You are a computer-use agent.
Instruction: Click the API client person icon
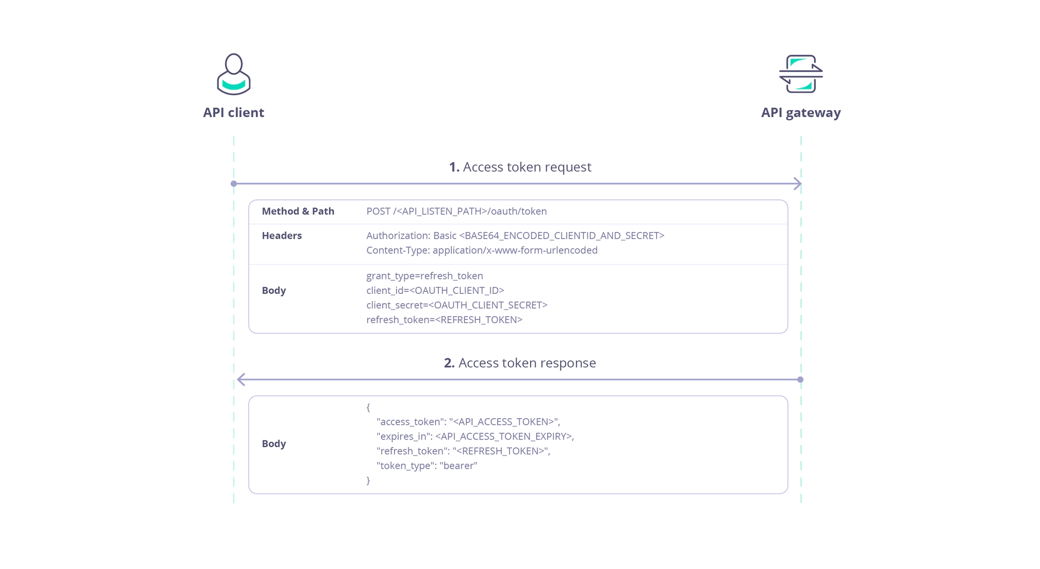point(233,74)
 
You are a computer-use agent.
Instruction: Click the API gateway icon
point(801,74)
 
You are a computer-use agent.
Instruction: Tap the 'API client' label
point(233,112)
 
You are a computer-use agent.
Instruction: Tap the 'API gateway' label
point(801,112)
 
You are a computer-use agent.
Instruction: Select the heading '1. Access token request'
point(520,167)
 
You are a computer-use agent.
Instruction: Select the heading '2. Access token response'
point(520,363)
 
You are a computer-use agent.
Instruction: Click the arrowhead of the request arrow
point(798,184)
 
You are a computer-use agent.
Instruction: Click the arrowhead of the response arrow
point(241,380)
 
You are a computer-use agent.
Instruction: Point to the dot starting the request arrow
point(233,184)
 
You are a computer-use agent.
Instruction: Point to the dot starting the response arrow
point(800,380)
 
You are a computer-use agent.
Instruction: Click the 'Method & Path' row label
point(298,211)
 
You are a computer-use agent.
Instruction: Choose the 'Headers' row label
point(282,236)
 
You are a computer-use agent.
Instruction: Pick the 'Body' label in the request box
point(274,290)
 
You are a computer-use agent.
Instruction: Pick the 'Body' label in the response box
point(274,444)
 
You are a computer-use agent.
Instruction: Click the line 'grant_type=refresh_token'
point(424,276)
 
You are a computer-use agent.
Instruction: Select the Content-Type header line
point(482,250)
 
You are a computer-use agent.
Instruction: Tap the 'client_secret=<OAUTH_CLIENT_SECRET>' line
point(457,305)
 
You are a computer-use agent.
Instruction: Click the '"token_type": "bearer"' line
point(426,465)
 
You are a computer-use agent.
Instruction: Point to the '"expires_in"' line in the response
point(475,436)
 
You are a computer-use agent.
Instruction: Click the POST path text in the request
point(456,211)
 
